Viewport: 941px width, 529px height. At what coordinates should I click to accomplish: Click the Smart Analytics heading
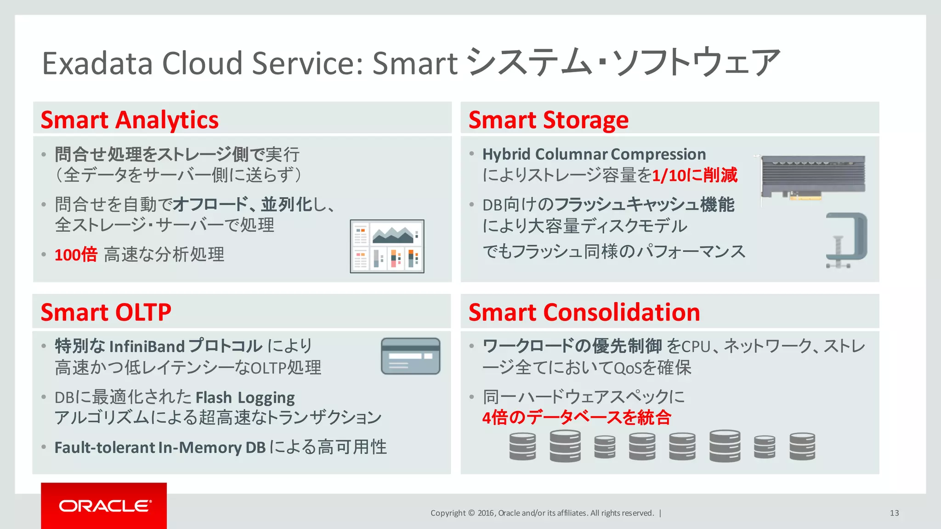coord(130,120)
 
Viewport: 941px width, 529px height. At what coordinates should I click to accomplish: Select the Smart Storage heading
coord(548,120)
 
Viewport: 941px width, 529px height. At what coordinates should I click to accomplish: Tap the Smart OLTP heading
coord(106,313)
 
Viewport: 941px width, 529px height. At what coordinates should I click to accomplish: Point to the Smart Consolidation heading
coord(584,313)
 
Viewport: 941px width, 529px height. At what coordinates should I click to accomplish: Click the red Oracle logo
coord(104,506)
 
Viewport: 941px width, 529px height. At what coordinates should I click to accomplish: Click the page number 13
coord(894,513)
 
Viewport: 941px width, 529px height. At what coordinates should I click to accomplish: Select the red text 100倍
coord(76,254)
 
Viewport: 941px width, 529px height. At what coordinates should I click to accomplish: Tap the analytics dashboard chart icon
coord(387,246)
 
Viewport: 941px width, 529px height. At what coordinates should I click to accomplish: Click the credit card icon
coord(410,356)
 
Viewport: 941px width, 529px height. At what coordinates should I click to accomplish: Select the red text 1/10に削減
coord(695,175)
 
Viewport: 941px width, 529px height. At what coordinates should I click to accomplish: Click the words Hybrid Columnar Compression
coord(594,154)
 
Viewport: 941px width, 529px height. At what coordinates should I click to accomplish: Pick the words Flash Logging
coord(245,397)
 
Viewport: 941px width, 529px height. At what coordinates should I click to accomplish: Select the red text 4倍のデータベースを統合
coord(577,417)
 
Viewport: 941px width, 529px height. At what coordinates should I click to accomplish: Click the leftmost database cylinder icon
coord(522,446)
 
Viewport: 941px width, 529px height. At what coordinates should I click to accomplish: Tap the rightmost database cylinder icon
coord(802,446)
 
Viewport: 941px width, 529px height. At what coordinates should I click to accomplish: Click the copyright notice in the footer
coord(542,513)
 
